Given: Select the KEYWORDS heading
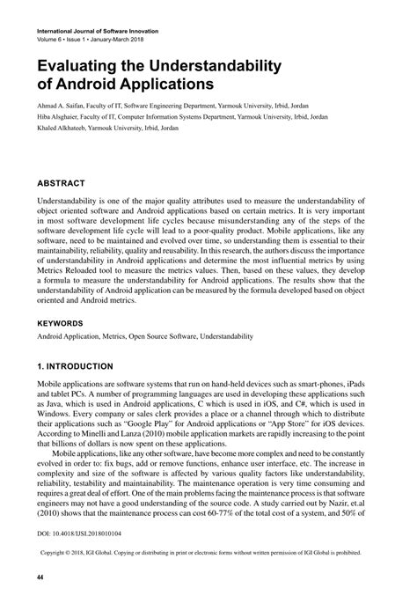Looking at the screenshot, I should [x=67, y=322].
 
